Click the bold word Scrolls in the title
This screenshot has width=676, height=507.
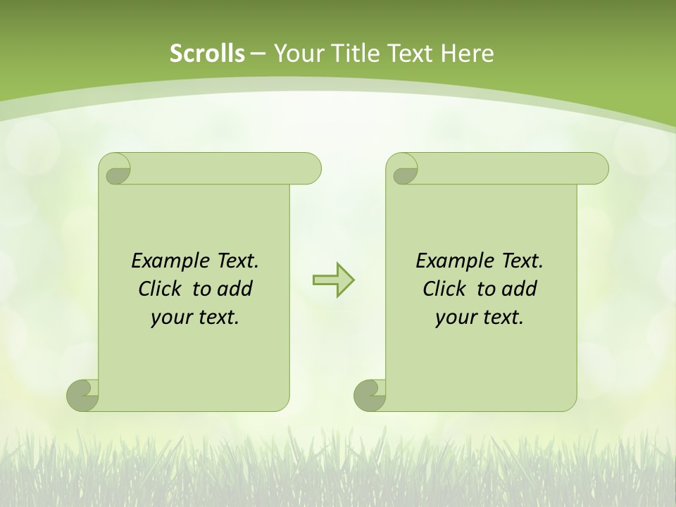(x=208, y=54)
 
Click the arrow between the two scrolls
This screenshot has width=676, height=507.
(x=333, y=280)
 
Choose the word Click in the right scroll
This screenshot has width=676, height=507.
(x=444, y=289)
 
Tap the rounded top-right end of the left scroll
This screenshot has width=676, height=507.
(x=310, y=169)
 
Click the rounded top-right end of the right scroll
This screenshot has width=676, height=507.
(x=597, y=169)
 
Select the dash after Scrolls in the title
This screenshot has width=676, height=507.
(x=258, y=54)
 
